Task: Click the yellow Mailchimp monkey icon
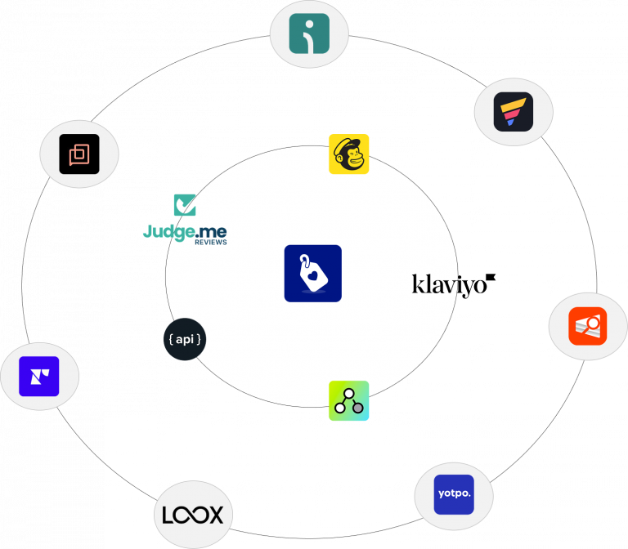[349, 154]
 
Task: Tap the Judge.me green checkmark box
[184, 205]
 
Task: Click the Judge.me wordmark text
[185, 231]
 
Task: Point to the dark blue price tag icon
[313, 274]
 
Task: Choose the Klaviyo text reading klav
[434, 284]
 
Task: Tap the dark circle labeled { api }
[185, 339]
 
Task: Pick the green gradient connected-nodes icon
[349, 401]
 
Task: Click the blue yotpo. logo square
[454, 494]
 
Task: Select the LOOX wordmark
[194, 516]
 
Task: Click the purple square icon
[39, 377]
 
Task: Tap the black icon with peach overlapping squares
[79, 154]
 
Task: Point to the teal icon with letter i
[309, 33]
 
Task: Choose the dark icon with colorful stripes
[514, 112]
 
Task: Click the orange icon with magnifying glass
[588, 327]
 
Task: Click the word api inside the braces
[185, 339]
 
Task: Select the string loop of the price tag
[304, 261]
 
